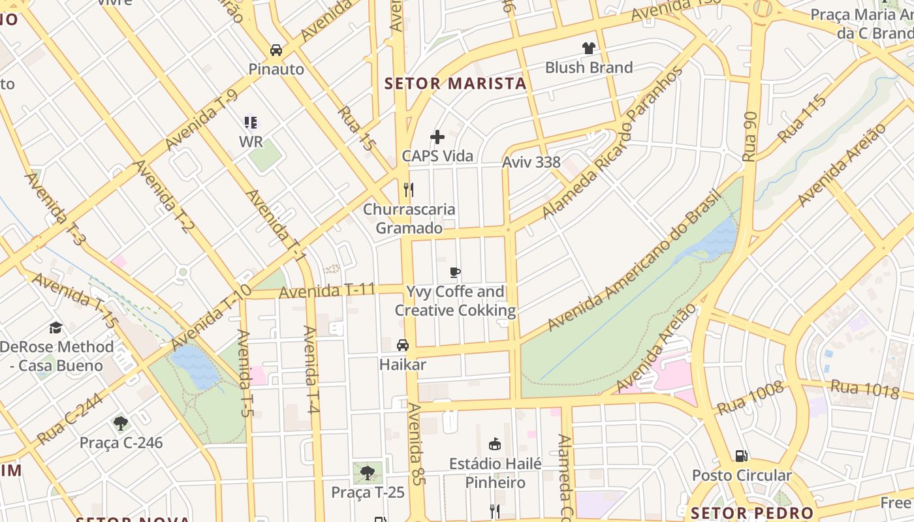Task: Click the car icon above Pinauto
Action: (x=276, y=50)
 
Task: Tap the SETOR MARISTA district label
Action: (x=455, y=84)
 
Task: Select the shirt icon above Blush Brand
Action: (x=589, y=48)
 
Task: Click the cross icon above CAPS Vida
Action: (x=437, y=137)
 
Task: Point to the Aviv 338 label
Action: (x=531, y=162)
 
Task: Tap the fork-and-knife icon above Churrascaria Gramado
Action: (x=409, y=190)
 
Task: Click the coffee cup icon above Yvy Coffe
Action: (x=455, y=272)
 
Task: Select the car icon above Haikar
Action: (x=403, y=345)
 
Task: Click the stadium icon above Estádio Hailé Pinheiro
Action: (x=495, y=444)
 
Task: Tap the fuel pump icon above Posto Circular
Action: (x=741, y=455)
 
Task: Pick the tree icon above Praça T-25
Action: (x=368, y=472)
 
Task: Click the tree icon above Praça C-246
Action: (x=121, y=423)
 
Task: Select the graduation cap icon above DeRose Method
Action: (x=56, y=327)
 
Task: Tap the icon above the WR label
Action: (x=251, y=123)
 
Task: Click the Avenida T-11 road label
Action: (x=327, y=290)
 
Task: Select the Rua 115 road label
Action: (x=802, y=119)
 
